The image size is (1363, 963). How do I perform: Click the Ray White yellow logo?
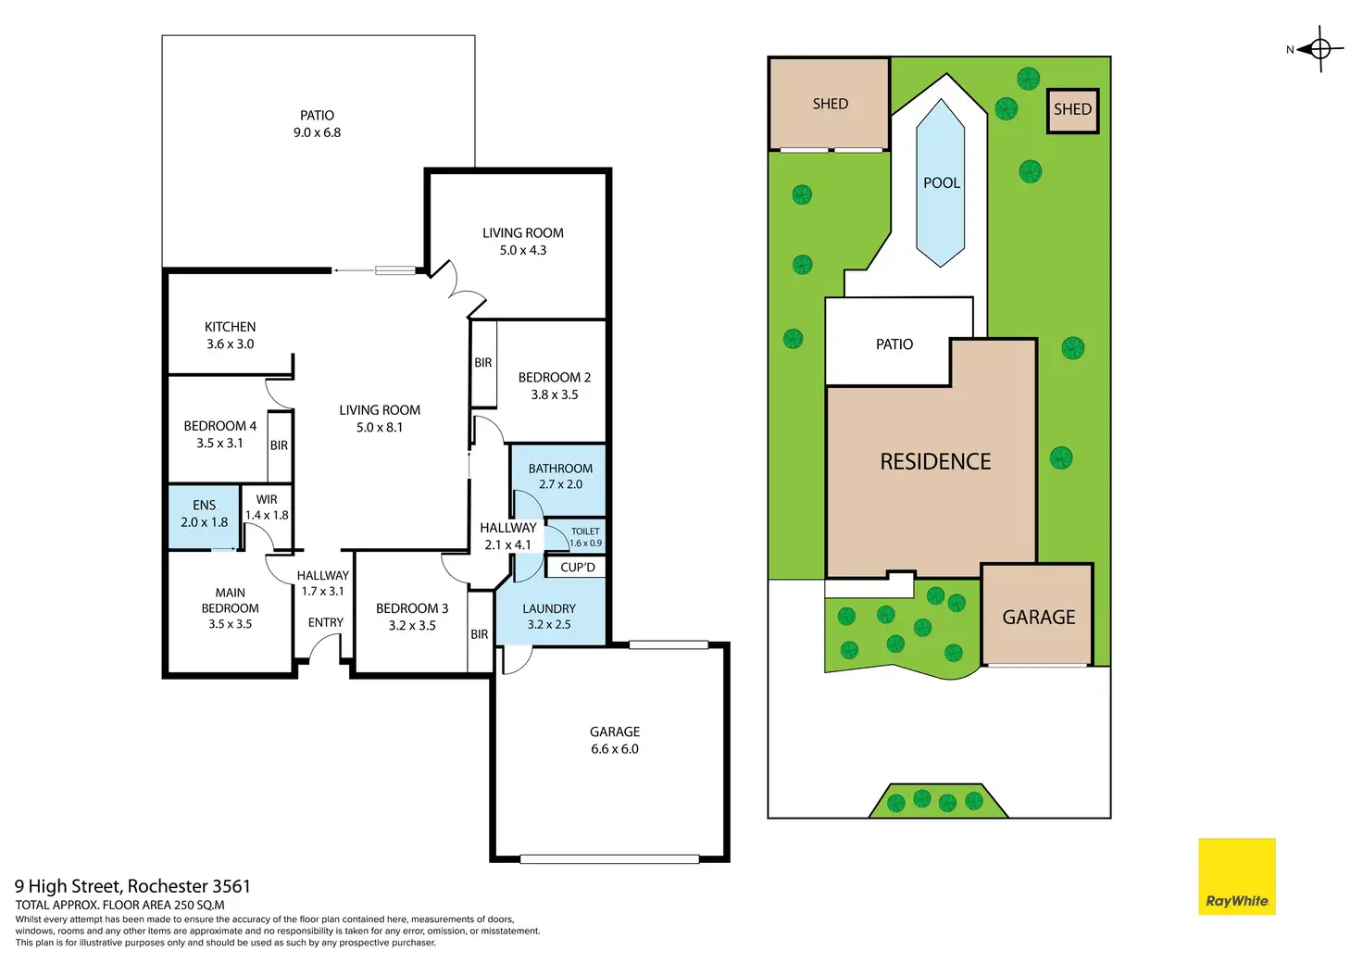point(1236,876)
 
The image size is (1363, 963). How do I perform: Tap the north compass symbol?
point(1319,49)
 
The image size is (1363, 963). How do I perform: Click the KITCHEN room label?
point(230,327)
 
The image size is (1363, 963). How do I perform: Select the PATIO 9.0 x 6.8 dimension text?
point(317,132)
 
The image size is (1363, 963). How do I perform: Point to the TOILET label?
point(585,532)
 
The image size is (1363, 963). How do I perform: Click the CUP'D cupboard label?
point(578,568)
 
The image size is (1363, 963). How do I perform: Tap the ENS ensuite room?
point(204,516)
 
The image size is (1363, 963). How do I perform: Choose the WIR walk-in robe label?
point(267,499)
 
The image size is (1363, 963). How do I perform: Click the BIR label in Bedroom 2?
point(483,363)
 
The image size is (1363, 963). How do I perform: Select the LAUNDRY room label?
point(549,608)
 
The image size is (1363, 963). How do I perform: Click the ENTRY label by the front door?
point(326,622)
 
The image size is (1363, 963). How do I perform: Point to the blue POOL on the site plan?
point(940,182)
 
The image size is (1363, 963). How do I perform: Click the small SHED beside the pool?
point(1073,110)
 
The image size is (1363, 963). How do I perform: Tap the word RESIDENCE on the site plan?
point(935,462)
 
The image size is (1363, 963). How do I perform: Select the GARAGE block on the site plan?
point(1037,615)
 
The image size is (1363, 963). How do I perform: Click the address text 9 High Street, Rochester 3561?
point(132,886)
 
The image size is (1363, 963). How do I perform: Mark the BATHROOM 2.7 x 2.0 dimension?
point(560,484)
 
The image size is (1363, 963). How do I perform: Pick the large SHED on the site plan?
point(830,104)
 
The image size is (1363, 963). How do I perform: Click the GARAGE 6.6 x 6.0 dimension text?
point(615,749)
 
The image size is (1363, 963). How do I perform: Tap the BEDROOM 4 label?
point(219,426)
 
